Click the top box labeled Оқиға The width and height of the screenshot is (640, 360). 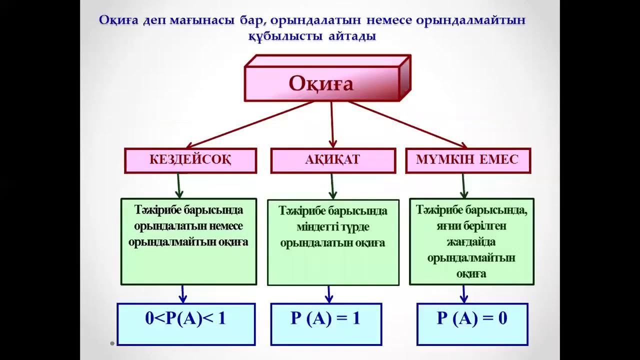pos(321,83)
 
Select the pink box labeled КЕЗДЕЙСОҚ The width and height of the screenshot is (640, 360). pos(190,160)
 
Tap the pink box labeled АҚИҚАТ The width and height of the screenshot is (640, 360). pos(332,160)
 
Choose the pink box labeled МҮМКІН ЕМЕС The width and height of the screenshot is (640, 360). pos(467,160)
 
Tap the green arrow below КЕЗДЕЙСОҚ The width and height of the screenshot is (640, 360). pos(179,186)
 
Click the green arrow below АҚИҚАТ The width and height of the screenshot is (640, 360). pos(332,186)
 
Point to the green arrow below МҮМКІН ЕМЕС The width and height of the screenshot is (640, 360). pos(463,186)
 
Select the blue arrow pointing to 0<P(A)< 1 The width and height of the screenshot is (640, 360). pos(183,294)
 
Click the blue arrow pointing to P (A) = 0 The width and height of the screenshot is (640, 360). pos(463,294)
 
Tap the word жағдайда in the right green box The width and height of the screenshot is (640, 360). pos(471,242)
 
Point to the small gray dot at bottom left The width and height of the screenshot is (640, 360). pos(112,343)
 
